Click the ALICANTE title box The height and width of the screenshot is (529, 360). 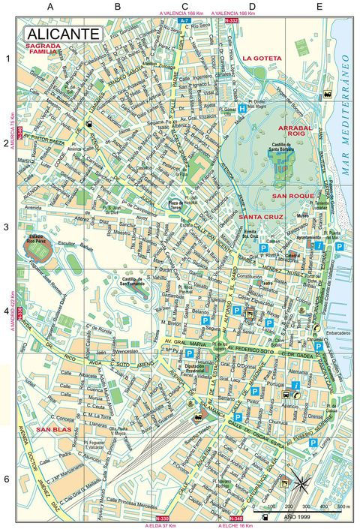pyautogui.click(x=62, y=34)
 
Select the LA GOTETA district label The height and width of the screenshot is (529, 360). pyautogui.click(x=262, y=58)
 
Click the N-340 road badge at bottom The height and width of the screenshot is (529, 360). pyautogui.click(x=235, y=519)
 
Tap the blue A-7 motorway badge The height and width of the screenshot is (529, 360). pyautogui.click(x=184, y=22)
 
